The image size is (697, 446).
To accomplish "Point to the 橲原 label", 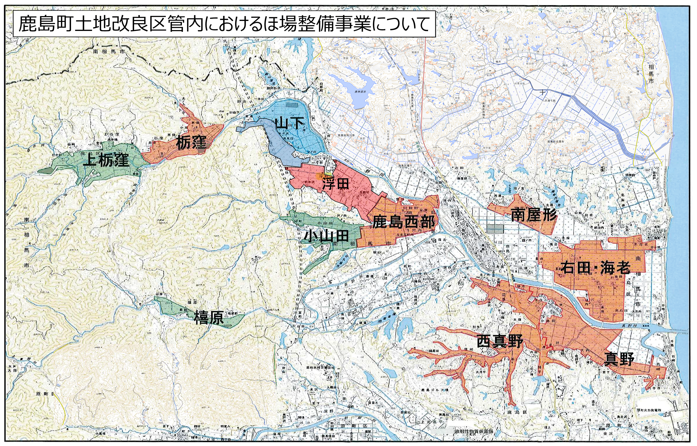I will [x=209, y=317].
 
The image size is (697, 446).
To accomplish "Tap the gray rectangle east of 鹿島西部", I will [x=495, y=229].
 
